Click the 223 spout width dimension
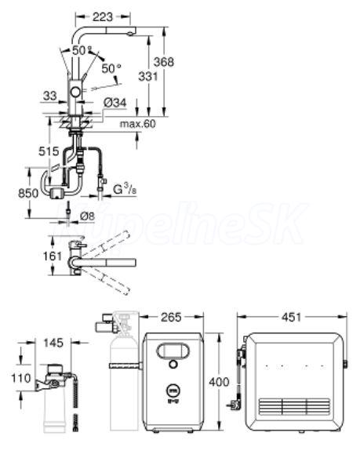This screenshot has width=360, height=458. coord(102,17)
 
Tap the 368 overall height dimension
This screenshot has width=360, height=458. coord(164,62)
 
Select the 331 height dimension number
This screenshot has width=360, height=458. coord(148,77)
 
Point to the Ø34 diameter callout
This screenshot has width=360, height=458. coord(115,103)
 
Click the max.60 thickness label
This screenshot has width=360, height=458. coord(138,124)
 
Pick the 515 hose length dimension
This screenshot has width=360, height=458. coord(49,151)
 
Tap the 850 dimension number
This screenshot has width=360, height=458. coord(28,194)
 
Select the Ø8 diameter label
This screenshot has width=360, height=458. coord(87,216)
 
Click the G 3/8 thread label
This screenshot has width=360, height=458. coord(125,189)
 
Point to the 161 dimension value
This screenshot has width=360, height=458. coord(53,256)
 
